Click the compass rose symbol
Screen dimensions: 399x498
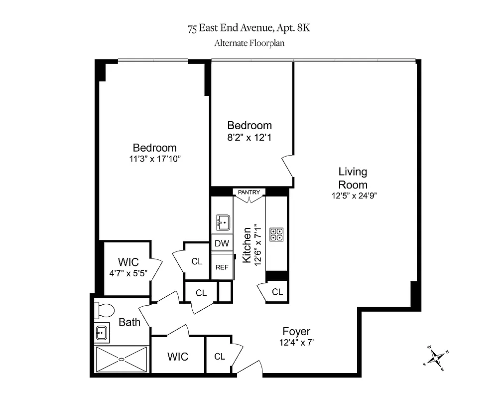436,357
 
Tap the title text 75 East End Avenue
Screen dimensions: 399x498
249,28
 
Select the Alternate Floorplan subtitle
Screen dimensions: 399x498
249,43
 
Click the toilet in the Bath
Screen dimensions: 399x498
104,310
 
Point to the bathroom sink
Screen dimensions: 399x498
102,332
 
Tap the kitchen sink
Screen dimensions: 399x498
222,221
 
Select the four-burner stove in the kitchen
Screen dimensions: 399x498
276,234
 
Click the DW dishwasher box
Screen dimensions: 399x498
222,243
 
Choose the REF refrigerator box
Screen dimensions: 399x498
222,267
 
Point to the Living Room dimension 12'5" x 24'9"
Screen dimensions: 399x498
353,196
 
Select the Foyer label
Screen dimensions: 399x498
296,332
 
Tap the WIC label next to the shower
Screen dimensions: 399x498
178,357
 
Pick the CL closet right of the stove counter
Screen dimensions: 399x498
277,292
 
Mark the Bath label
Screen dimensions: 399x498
129,322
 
